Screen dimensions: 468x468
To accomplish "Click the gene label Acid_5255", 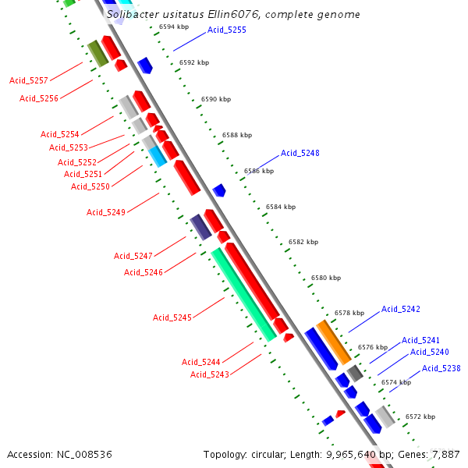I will pyautogui.click(x=227, y=30).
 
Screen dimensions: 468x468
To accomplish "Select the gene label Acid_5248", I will pyautogui.click(x=300, y=153).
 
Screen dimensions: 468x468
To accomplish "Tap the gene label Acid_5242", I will pyautogui.click(x=401, y=309).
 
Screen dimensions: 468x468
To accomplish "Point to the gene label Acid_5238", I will pyautogui.click(x=441, y=368).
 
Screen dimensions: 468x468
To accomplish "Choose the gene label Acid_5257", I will pyautogui.click(x=29, y=80).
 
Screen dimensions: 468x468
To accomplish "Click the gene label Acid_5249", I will pyautogui.click(x=106, y=212).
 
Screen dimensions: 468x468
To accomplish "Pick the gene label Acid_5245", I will pyautogui.click(x=172, y=317).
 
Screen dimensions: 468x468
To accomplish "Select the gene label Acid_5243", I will pyautogui.click(x=210, y=374).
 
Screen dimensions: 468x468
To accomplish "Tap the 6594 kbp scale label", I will pyautogui.click(x=174, y=27).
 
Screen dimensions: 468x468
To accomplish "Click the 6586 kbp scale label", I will pyautogui.click(x=259, y=171).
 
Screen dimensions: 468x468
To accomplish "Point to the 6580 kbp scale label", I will pyautogui.click(x=326, y=278).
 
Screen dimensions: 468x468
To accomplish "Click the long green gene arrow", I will pyautogui.click(x=243, y=293).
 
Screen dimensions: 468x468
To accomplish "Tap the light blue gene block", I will pyautogui.click(x=158, y=156).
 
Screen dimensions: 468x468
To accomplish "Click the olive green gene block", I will pyautogui.click(x=97, y=52).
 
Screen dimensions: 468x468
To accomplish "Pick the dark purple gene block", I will pyautogui.click(x=201, y=227).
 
